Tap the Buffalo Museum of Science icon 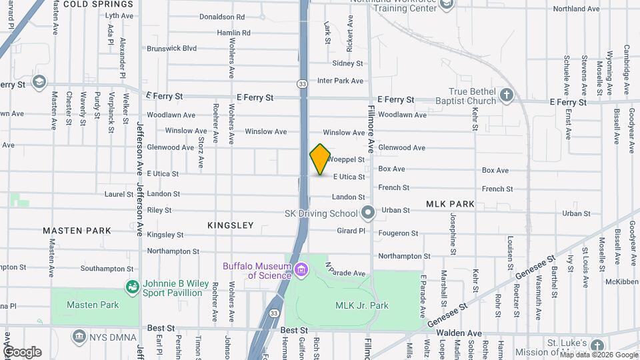pyautogui.click(x=301, y=270)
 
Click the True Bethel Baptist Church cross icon pyautogui.click(x=507, y=95)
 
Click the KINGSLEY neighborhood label pyautogui.click(x=230, y=225)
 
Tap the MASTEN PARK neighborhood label pyautogui.click(x=77, y=231)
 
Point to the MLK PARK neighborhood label pyautogui.click(x=450, y=203)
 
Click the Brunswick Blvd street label pyautogui.click(x=172, y=48)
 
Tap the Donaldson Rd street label pyautogui.click(x=222, y=17)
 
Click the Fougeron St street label pyautogui.click(x=398, y=233)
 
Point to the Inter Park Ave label pyautogui.click(x=340, y=81)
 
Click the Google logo pyautogui.click(x=21, y=351)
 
